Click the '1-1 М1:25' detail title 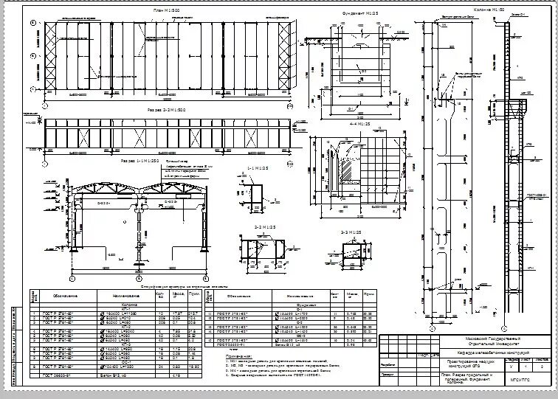[x=258, y=169]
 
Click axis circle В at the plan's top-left [x=32, y=23]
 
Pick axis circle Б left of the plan [x=32, y=56]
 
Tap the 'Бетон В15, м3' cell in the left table [x=116, y=377]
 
